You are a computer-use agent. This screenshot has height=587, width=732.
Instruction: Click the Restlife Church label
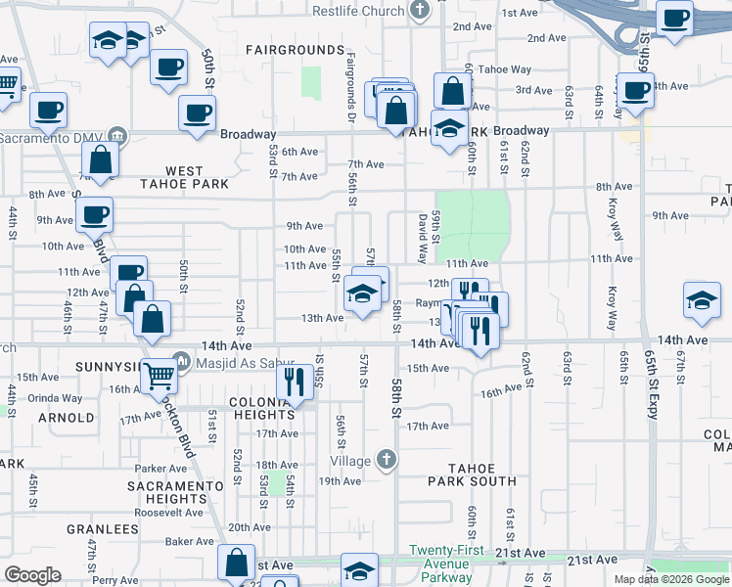(x=358, y=11)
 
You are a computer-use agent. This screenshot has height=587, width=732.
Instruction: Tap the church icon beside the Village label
(x=388, y=459)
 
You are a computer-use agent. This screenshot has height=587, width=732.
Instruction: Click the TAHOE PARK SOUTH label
(x=472, y=474)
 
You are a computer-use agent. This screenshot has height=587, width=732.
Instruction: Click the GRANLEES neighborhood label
(x=103, y=529)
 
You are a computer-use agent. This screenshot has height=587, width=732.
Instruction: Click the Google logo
(x=32, y=575)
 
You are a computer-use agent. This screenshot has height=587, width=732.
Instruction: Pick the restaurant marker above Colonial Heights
(x=294, y=381)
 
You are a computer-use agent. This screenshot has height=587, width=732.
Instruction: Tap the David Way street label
(x=423, y=240)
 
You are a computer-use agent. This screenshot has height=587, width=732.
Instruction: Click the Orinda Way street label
(x=55, y=398)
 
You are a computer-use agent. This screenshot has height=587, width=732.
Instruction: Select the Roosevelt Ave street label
(x=167, y=512)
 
